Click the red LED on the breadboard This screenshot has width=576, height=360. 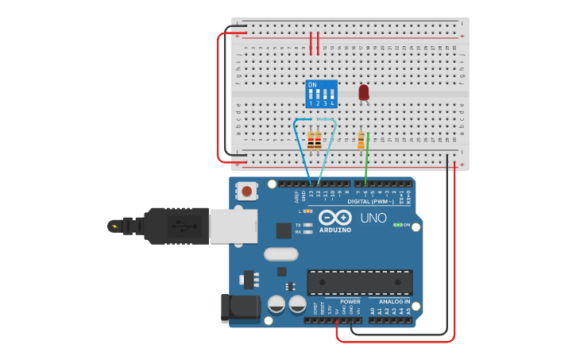coord(364,92)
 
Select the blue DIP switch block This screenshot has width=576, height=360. coord(322,94)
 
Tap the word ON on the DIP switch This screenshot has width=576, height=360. coord(312,84)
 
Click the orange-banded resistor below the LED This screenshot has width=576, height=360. coord(361,141)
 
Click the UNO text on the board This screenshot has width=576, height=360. coord(373,218)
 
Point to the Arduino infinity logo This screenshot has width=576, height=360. coord(335,217)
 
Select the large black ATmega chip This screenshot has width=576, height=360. coord(359,282)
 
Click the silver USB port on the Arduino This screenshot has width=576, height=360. coord(233,226)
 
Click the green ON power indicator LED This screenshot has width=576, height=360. coord(396,225)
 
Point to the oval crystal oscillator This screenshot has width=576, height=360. coord(280,254)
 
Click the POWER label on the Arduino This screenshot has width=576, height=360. coord(350,302)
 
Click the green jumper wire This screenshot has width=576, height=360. coord(365,163)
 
